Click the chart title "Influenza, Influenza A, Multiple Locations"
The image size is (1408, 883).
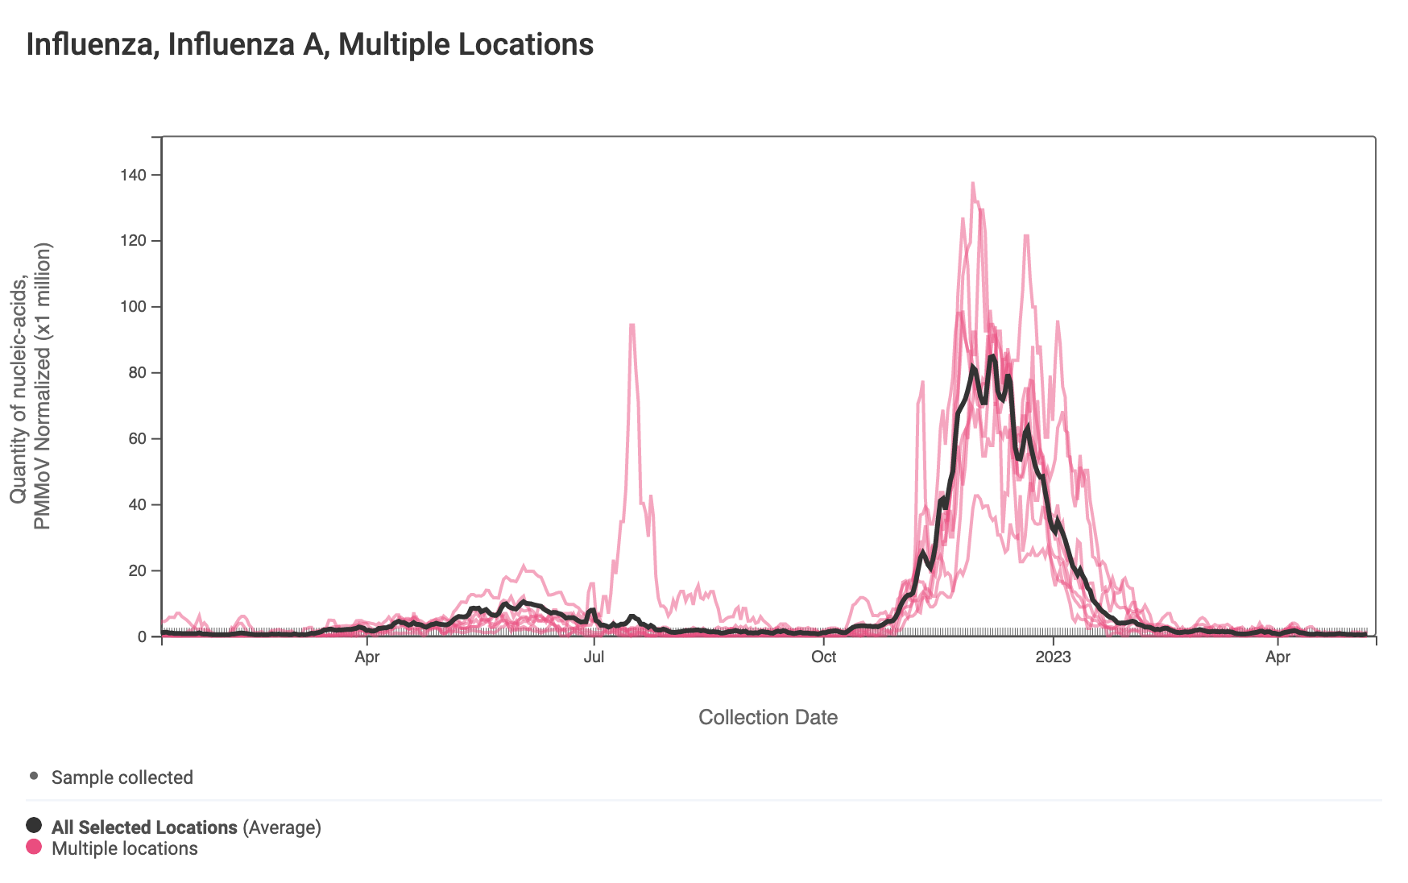(310, 44)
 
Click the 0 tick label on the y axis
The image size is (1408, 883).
(143, 637)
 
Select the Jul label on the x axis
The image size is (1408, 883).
(594, 657)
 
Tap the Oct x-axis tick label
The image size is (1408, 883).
(823, 657)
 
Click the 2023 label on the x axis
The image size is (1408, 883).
(1053, 657)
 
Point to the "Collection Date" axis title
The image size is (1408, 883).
(768, 717)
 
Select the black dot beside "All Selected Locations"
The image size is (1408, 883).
(34, 825)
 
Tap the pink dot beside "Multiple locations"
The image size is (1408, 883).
(34, 847)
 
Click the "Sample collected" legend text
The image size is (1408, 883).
(122, 777)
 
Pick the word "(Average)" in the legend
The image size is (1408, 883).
(282, 827)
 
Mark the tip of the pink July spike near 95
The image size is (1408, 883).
(632, 325)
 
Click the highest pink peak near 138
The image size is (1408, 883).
(973, 184)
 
